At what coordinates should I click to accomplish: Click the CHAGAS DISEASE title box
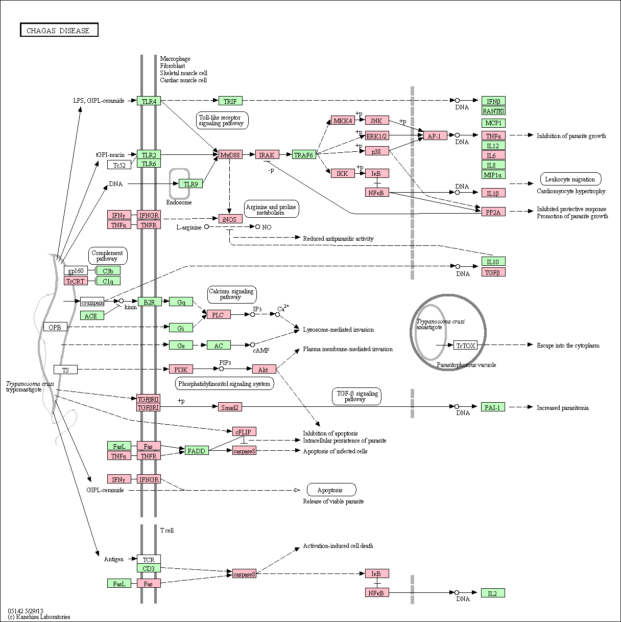(59, 30)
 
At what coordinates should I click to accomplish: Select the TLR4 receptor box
(149, 101)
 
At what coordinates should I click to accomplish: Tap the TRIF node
(230, 101)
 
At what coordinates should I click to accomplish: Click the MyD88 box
(230, 155)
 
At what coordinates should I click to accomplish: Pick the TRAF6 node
(304, 155)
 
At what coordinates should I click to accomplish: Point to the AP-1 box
(435, 135)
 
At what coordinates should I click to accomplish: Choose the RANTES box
(493, 111)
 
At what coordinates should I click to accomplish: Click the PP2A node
(493, 212)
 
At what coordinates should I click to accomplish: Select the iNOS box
(230, 219)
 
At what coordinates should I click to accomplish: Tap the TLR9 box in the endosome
(190, 183)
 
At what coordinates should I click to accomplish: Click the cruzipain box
(92, 302)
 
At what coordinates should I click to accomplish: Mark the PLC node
(219, 314)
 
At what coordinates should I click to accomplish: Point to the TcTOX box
(466, 345)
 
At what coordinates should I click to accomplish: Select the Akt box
(264, 369)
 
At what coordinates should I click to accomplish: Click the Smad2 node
(230, 407)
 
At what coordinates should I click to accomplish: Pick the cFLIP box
(244, 431)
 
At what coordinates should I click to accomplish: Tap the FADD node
(197, 450)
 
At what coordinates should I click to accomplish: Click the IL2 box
(493, 593)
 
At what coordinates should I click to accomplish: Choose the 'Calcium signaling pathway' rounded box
(232, 294)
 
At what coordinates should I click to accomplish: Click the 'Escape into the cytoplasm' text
(568, 345)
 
